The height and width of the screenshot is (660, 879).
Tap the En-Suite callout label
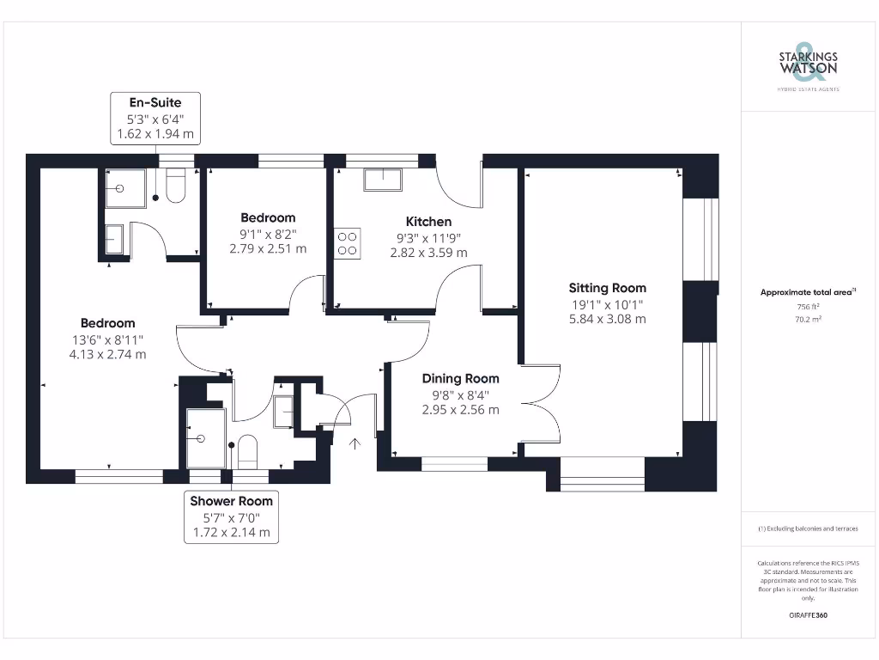155,103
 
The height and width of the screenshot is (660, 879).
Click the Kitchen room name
428,222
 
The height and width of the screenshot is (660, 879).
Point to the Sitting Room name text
607,288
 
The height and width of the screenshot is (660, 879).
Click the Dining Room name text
460,378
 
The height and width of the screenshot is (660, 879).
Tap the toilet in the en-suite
176,188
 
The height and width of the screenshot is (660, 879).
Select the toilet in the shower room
247,450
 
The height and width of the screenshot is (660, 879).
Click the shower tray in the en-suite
125,188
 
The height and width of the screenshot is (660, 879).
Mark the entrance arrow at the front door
356,443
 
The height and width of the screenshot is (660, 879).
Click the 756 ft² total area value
807,307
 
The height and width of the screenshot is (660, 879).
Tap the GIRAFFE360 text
807,615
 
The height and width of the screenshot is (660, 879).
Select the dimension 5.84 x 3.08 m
607,319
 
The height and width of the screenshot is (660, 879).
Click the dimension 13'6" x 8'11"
108,339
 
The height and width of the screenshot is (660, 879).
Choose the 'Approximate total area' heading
804,293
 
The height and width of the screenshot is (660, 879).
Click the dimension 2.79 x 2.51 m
268,249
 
